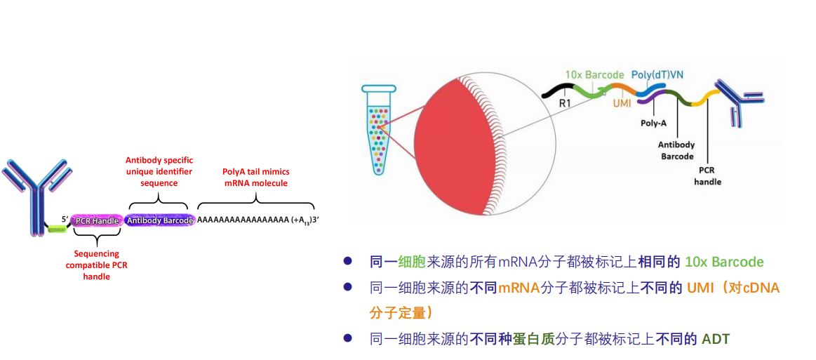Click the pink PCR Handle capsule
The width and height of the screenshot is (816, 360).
click(97, 220)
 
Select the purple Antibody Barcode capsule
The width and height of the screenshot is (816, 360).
click(159, 220)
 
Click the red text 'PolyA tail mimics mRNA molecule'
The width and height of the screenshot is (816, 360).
click(255, 177)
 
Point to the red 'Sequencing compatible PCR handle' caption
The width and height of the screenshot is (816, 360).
click(97, 265)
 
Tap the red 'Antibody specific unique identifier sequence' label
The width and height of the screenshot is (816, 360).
click(159, 171)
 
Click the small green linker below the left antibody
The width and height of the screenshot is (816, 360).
click(55, 228)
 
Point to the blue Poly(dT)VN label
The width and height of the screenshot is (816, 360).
click(658, 74)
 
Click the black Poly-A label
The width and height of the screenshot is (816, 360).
click(653, 123)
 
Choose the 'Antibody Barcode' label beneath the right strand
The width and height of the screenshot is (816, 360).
click(676, 150)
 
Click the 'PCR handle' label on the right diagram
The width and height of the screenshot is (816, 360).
click(707, 176)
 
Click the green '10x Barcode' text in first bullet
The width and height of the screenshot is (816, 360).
click(725, 262)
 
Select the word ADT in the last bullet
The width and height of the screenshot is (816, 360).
click(716, 340)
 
